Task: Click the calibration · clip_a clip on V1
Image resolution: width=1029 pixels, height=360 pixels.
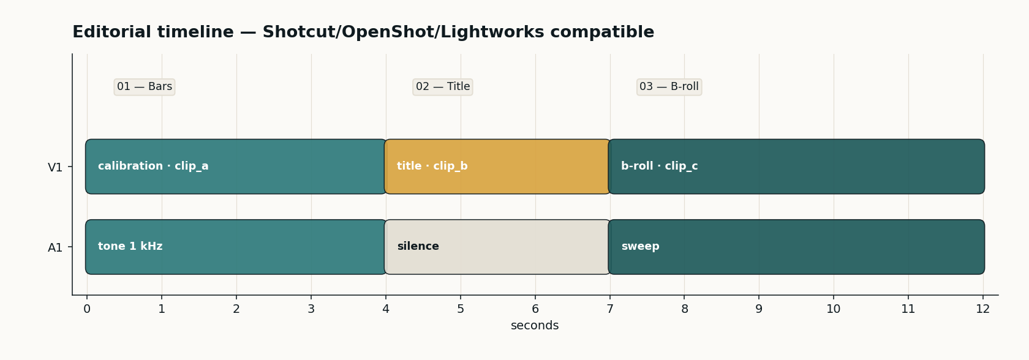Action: (x=236, y=167)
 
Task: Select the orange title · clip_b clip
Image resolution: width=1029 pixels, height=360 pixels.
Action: (x=497, y=167)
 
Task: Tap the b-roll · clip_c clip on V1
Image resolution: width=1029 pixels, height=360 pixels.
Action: (x=796, y=167)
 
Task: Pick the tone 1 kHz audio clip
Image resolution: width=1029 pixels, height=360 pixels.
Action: (x=236, y=247)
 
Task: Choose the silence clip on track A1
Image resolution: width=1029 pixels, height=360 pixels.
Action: (x=497, y=247)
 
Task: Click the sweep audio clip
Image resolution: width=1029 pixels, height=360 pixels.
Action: (x=796, y=247)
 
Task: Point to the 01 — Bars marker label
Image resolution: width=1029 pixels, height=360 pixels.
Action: (x=145, y=87)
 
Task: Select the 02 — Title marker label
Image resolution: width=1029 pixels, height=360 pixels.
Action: (x=443, y=87)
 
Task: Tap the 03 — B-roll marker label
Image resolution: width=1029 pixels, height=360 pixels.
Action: (x=669, y=87)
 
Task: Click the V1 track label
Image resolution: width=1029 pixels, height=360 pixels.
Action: (x=55, y=168)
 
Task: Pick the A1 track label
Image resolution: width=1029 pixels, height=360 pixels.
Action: (x=55, y=248)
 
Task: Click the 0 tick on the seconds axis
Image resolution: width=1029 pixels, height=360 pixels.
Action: (x=87, y=309)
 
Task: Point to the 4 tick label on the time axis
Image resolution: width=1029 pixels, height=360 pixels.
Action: (x=386, y=309)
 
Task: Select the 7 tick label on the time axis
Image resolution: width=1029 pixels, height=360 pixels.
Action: (x=610, y=309)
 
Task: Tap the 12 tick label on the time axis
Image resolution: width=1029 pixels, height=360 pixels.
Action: (x=983, y=309)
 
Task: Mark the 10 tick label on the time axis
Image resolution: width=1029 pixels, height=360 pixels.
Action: (x=834, y=309)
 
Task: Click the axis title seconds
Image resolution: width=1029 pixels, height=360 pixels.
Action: (x=535, y=326)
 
